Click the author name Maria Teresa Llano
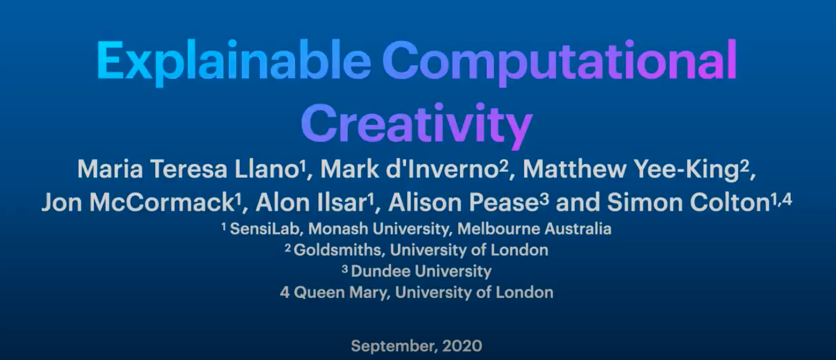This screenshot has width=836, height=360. click(x=187, y=169)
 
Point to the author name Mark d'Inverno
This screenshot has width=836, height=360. click(x=410, y=169)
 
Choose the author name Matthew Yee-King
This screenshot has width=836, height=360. click(x=631, y=170)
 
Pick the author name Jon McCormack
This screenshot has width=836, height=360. click(x=138, y=203)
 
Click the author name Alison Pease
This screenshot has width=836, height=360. click(x=463, y=203)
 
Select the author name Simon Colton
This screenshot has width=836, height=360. click(x=688, y=203)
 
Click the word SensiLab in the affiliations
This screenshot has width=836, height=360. click(x=265, y=229)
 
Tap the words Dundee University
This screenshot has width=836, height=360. click(x=421, y=271)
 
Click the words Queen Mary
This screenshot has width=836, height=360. click(x=340, y=292)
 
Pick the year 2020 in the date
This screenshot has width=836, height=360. click(x=462, y=346)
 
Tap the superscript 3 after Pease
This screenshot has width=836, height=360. click(x=545, y=198)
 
